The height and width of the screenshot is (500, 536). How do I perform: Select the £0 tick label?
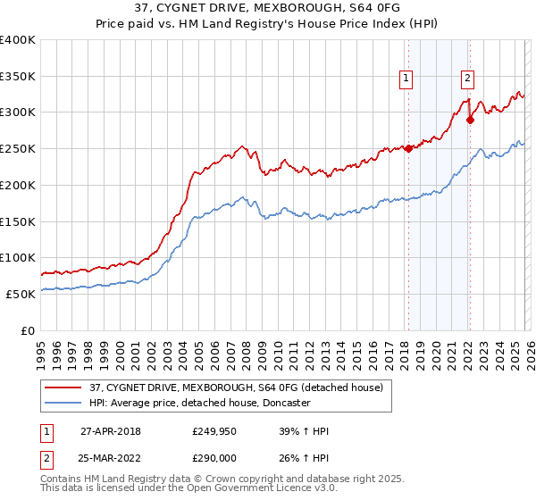pyautogui.click(x=28, y=330)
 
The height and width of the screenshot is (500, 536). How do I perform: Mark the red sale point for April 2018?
pyautogui.click(x=408, y=149)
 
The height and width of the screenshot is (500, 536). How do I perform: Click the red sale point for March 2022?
pyautogui.click(x=470, y=120)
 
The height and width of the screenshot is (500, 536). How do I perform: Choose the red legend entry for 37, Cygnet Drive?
pyautogui.click(x=236, y=387)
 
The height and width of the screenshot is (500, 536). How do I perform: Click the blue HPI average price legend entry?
pyautogui.click(x=199, y=403)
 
